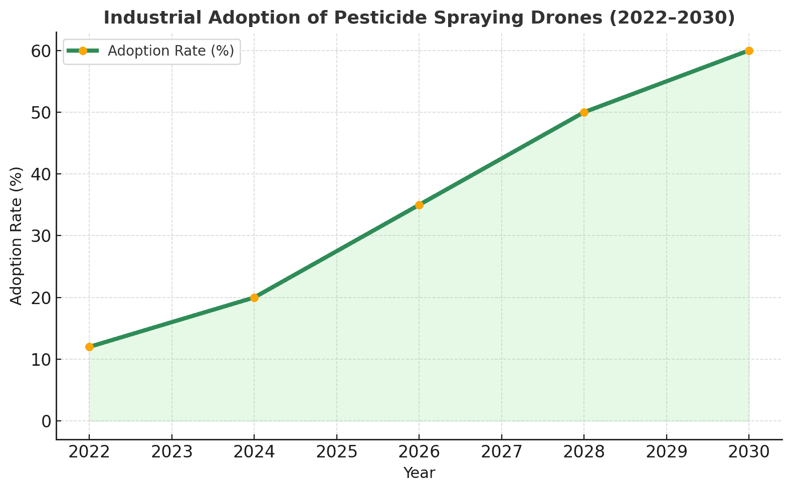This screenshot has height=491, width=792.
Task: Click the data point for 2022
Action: [x=89, y=347]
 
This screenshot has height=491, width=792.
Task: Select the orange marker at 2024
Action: [x=254, y=298]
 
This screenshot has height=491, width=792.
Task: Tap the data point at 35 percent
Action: [x=419, y=205]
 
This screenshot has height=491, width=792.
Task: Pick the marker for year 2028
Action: [x=584, y=112]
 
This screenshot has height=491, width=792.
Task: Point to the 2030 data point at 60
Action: [x=749, y=51]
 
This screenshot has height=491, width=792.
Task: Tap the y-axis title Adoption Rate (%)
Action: [x=17, y=235]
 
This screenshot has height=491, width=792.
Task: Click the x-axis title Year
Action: [x=419, y=472]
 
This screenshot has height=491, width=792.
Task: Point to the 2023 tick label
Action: [x=172, y=452]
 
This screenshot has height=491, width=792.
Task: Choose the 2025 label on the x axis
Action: [x=337, y=452]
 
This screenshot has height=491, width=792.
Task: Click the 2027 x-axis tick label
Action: [x=502, y=452]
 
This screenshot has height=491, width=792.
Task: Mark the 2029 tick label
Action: [x=667, y=452]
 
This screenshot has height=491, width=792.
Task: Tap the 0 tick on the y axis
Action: [x=46, y=421]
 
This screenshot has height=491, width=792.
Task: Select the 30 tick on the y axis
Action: [x=42, y=236]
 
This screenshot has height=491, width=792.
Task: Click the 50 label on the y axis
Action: [x=42, y=113]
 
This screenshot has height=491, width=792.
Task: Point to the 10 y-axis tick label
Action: [x=42, y=360]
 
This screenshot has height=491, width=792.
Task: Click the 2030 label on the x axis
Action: [x=749, y=452]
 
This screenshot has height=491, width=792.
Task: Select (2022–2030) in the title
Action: [x=686, y=18]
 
